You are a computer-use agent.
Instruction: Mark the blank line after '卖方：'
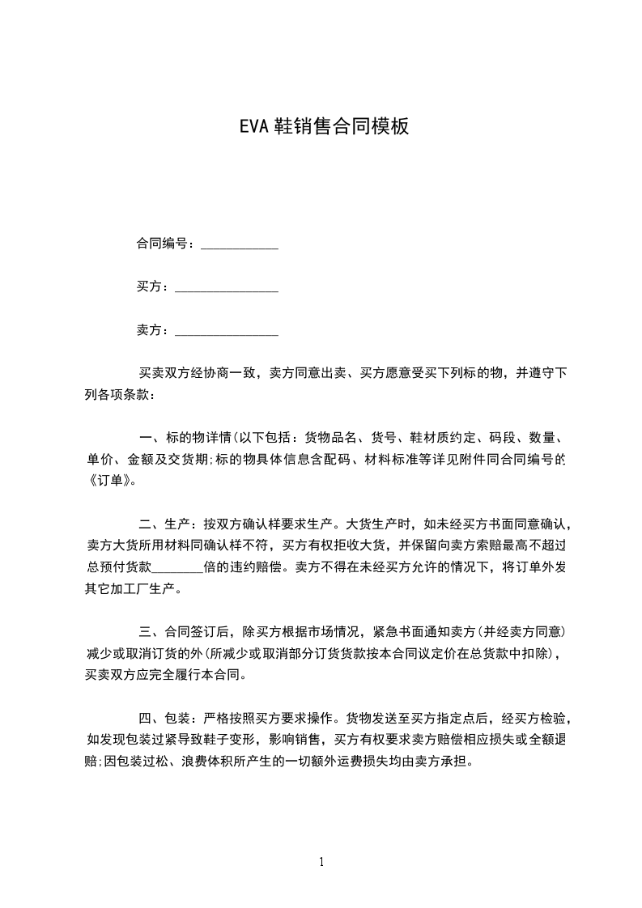(x=227, y=333)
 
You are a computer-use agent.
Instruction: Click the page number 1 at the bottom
(x=321, y=862)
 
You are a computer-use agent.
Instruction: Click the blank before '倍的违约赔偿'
(x=177, y=567)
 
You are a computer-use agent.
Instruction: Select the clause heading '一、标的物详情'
(x=185, y=438)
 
